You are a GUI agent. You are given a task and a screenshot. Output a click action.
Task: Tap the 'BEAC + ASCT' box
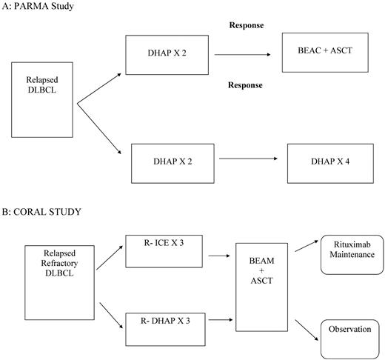point(326,53)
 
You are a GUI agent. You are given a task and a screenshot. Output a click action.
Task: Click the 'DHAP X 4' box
point(326,159)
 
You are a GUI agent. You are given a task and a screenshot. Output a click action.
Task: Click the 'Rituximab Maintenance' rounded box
point(349,250)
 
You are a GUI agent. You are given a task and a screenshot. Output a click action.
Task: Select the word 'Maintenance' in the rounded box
point(349,255)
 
